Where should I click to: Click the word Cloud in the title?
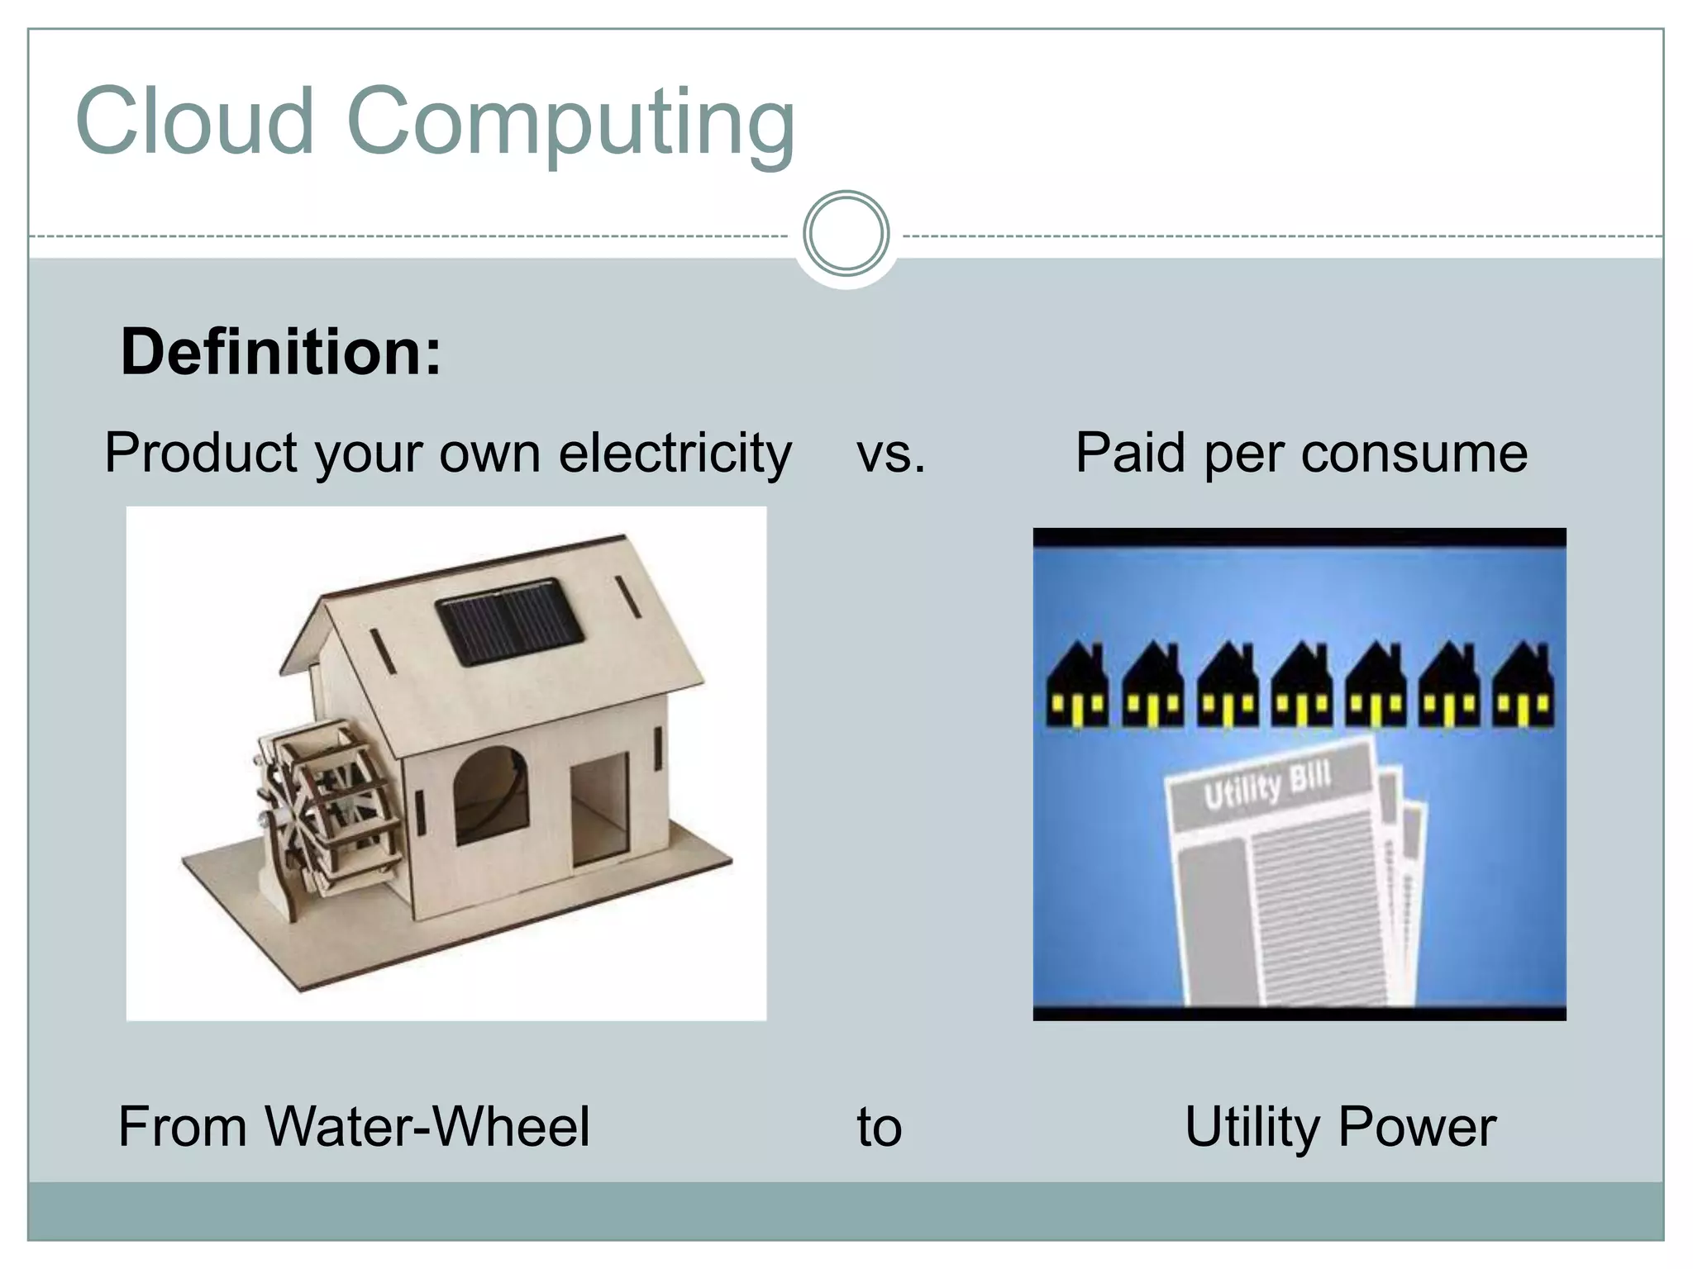pyautogui.click(x=195, y=121)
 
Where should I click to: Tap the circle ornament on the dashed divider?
pyautogui.click(x=846, y=234)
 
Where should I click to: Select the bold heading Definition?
pyautogui.click(x=281, y=353)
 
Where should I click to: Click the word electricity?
pyautogui.click(x=675, y=454)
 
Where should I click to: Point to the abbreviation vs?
pyautogui.click(x=891, y=454)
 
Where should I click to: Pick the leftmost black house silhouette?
pyautogui.click(x=1077, y=687)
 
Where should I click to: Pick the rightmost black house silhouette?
pyautogui.click(x=1523, y=687)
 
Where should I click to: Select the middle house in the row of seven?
pyautogui.click(x=1301, y=687)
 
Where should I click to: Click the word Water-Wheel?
pyautogui.click(x=428, y=1127)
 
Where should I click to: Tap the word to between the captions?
pyautogui.click(x=879, y=1127)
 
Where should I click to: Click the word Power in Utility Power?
pyautogui.click(x=1417, y=1127)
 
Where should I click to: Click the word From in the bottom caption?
pyautogui.click(x=183, y=1127)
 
